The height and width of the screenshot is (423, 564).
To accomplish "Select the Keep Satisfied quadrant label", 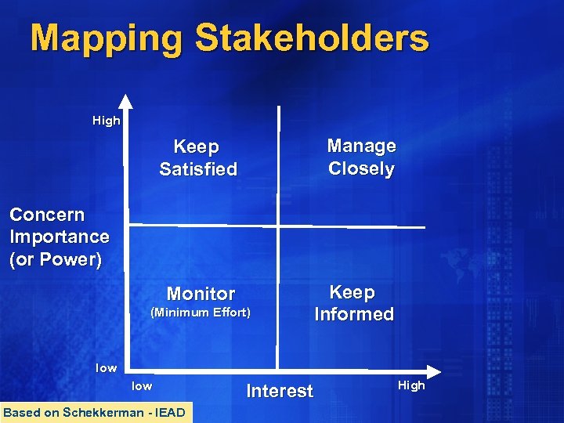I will pyautogui.click(x=197, y=157).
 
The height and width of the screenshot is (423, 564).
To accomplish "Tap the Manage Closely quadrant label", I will pyautogui.click(x=361, y=157).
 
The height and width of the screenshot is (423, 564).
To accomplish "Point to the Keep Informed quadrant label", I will pyautogui.click(x=353, y=303).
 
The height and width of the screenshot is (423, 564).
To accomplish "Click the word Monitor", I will pyautogui.click(x=201, y=294).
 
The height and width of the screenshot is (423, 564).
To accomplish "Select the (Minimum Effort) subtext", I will pyautogui.click(x=200, y=313).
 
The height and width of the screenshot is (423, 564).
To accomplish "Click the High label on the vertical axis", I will pyautogui.click(x=106, y=121).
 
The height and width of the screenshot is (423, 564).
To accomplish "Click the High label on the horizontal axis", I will pyautogui.click(x=411, y=385).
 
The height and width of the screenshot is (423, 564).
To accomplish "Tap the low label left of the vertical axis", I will pyautogui.click(x=106, y=367).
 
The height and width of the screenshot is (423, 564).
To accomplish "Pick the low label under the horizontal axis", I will pyautogui.click(x=142, y=385).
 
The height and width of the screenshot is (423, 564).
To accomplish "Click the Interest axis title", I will pyautogui.click(x=280, y=391).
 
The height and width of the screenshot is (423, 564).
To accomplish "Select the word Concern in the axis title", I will pyautogui.click(x=47, y=215).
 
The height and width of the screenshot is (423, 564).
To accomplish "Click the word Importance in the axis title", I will pyautogui.click(x=60, y=237).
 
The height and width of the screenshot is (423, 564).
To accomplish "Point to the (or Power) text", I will pyautogui.click(x=56, y=259).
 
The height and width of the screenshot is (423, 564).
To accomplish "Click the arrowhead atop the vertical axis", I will pyautogui.click(x=126, y=100).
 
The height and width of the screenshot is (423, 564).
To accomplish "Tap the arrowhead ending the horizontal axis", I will pyautogui.click(x=433, y=370).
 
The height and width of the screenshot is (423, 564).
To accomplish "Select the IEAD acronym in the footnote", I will pyautogui.click(x=170, y=413).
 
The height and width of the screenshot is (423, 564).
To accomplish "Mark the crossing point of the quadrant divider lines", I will pyautogui.click(x=278, y=227).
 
